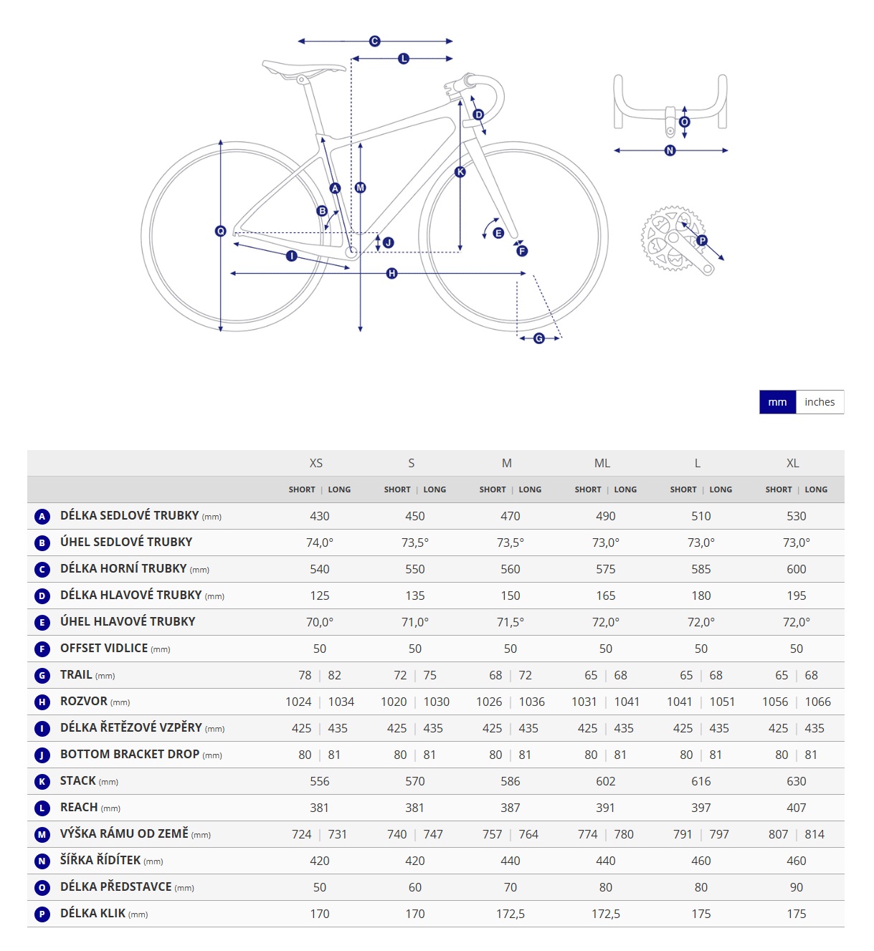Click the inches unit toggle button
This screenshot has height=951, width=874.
click(820, 402)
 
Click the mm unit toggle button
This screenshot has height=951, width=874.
click(777, 402)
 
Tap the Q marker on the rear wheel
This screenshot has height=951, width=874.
click(221, 231)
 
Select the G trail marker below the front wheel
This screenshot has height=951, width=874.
click(539, 338)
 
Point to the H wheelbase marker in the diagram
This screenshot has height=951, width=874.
click(392, 274)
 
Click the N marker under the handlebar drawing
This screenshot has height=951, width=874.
click(670, 150)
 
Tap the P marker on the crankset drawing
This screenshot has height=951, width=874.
click(702, 240)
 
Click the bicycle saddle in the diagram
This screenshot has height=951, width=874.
click(304, 70)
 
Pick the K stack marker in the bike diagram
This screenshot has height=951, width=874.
click(460, 172)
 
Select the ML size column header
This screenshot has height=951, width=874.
click(602, 463)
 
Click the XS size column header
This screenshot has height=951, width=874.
click(316, 463)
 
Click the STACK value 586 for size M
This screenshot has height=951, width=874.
click(510, 781)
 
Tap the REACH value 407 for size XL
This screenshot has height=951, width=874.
click(796, 808)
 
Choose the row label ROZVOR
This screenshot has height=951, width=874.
click(83, 701)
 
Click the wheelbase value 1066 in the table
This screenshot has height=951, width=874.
click(817, 702)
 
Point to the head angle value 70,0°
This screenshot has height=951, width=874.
click(320, 622)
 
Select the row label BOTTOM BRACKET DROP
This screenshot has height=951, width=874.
click(130, 754)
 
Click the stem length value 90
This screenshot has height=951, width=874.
click(796, 887)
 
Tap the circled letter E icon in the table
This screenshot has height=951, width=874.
click(42, 623)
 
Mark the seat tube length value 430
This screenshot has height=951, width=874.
click(320, 516)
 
